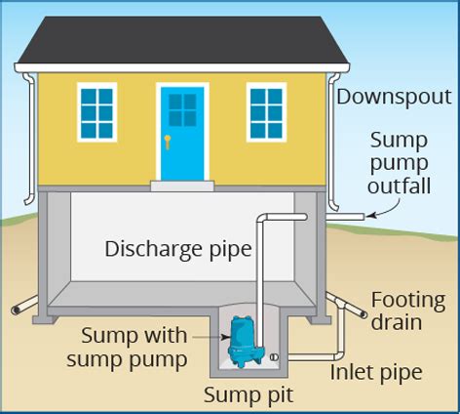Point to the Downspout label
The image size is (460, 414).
(x=394, y=98)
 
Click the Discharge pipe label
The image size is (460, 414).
(x=178, y=249)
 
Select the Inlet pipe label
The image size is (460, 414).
(x=375, y=372)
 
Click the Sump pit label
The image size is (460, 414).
(x=248, y=395)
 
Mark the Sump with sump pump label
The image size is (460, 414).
(x=134, y=347)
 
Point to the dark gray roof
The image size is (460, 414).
(x=182, y=39)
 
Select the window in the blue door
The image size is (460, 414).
(x=182, y=110)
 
